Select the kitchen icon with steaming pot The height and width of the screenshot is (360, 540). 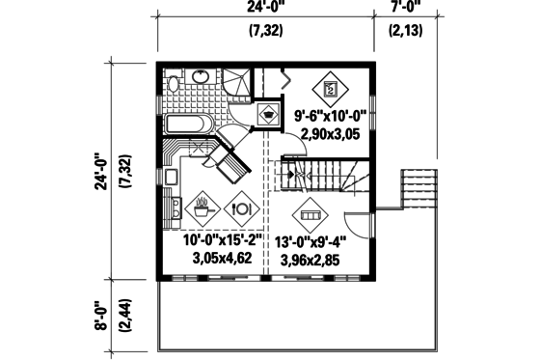[x=203, y=206]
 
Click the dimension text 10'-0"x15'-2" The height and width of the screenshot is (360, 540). [x=223, y=241]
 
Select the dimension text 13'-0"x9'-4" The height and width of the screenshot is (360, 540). [x=310, y=242]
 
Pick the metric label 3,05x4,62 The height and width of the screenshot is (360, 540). [x=223, y=259]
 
